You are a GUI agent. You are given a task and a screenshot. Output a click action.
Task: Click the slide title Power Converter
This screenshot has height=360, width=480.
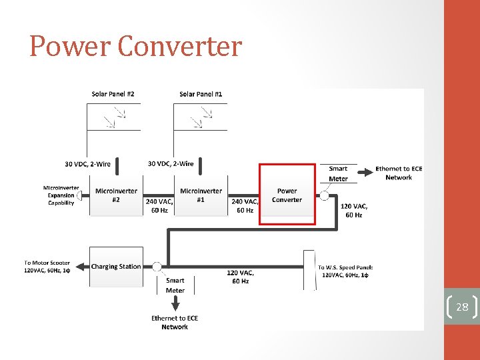(135, 46)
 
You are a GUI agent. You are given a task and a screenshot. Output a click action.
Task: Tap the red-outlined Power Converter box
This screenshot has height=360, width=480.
(287, 195)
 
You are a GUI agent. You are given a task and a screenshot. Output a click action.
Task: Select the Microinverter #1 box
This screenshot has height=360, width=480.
(201, 195)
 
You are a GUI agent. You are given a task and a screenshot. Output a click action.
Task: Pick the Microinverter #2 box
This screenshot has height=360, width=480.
(116, 195)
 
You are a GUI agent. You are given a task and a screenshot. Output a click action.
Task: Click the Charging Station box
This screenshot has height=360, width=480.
(116, 267)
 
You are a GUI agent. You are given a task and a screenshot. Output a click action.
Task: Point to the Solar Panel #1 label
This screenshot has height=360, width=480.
(201, 94)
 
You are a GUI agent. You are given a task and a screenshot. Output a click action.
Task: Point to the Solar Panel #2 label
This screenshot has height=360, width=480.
(113, 94)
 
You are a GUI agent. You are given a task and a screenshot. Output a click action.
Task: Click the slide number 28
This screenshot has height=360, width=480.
(462, 307)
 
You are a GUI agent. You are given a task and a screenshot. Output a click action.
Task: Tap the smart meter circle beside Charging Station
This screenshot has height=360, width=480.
(157, 267)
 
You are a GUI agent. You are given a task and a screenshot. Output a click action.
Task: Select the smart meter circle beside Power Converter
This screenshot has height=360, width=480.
(324, 195)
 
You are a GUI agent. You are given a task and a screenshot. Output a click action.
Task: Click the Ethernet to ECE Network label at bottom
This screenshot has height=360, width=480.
(175, 323)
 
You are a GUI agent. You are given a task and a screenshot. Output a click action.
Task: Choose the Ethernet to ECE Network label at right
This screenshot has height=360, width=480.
(399, 173)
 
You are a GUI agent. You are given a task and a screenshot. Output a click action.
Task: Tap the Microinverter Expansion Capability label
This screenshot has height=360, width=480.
(61, 195)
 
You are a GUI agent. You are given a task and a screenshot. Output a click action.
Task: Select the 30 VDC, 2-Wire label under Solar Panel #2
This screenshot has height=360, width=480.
(87, 164)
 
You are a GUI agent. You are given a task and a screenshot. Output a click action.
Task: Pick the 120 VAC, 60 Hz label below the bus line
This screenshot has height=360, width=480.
(240, 277)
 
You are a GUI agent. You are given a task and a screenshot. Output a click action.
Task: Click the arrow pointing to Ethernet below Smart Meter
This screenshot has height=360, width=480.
(175, 305)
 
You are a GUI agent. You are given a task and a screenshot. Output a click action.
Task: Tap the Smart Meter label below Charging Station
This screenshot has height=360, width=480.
(175, 285)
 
